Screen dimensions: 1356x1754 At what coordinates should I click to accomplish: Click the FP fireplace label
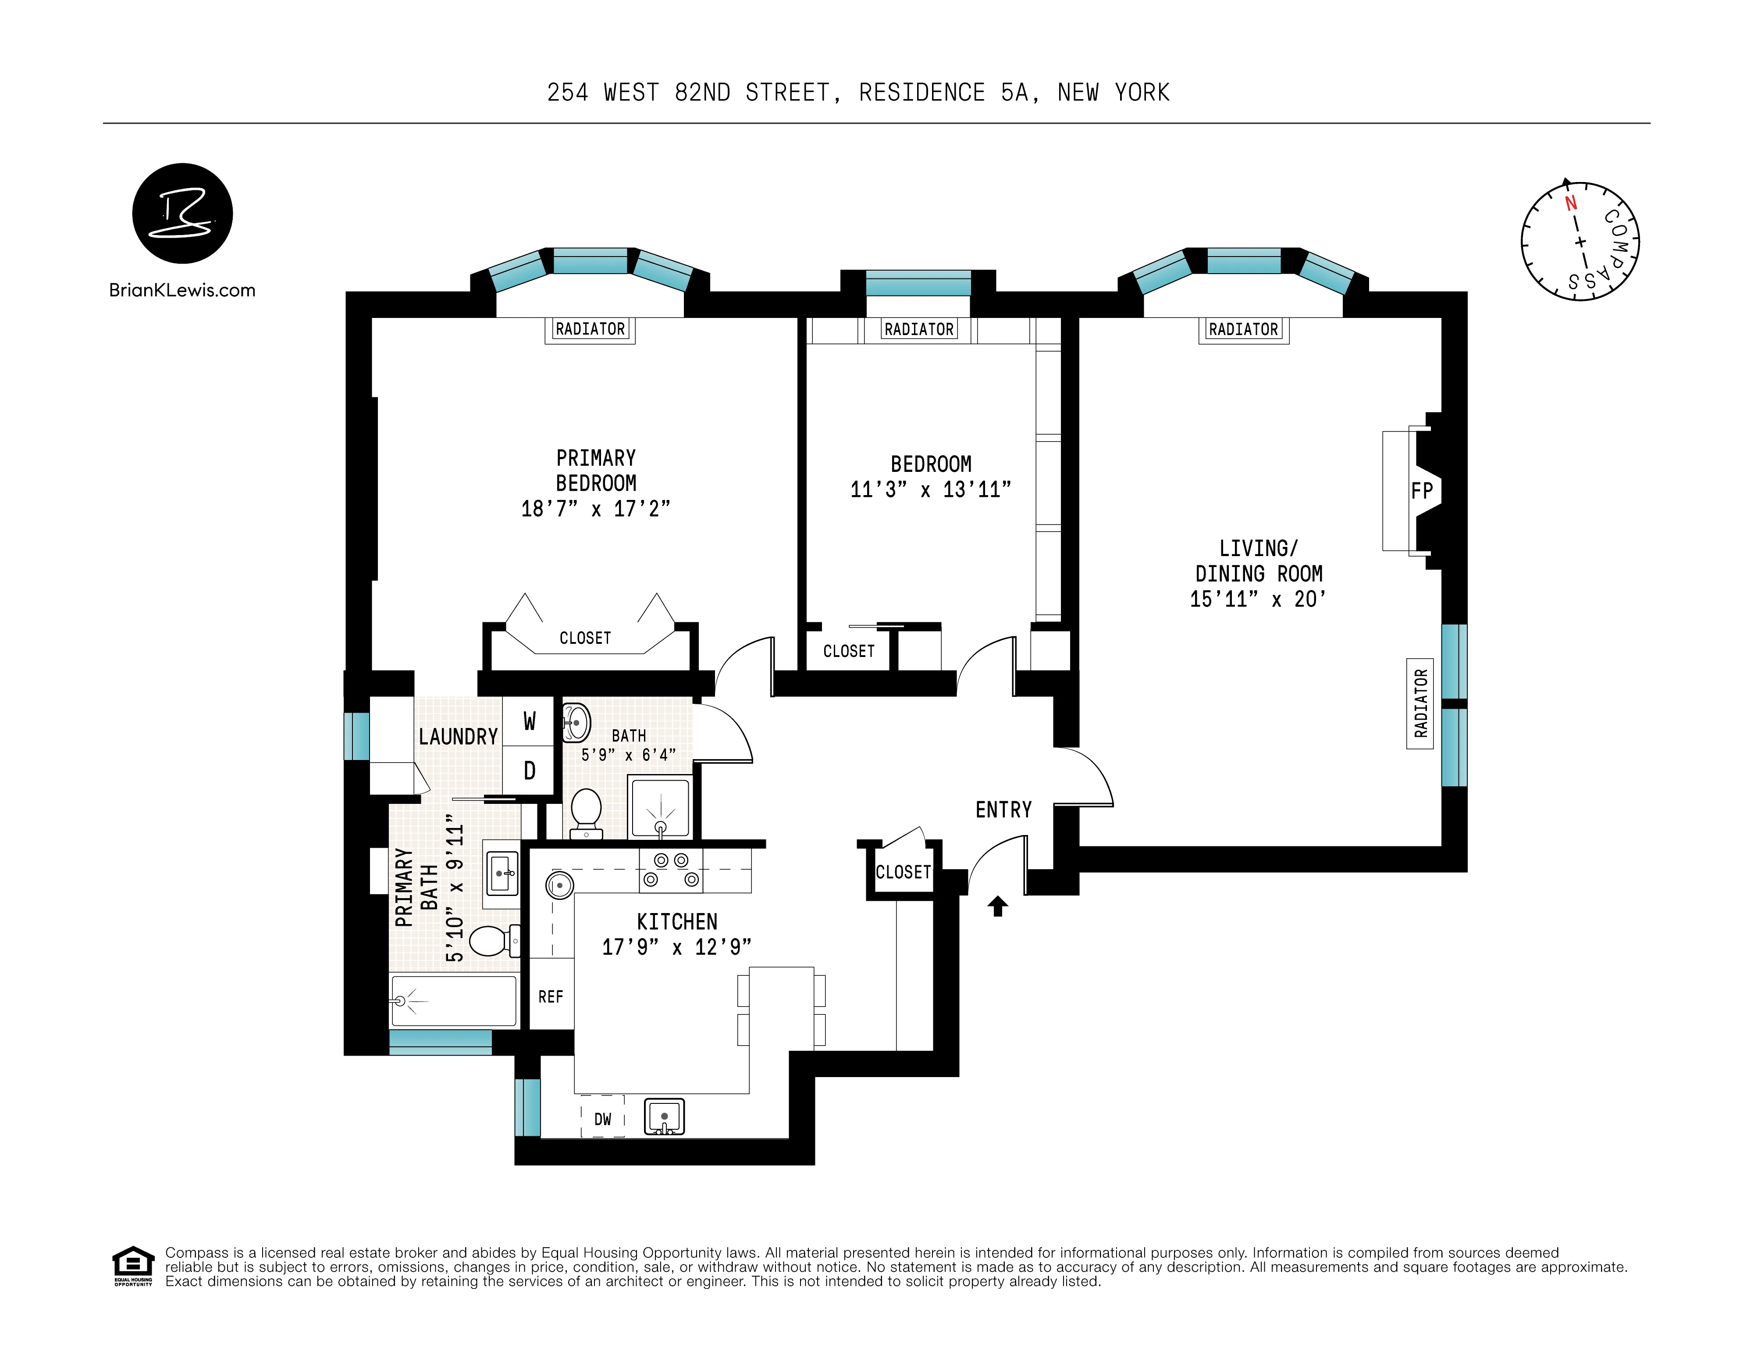tap(1422, 491)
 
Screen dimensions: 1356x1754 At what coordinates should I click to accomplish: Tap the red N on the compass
tap(1571, 203)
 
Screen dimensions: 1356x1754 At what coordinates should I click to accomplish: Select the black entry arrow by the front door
tap(997, 906)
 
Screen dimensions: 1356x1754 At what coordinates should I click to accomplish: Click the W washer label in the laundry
tap(529, 721)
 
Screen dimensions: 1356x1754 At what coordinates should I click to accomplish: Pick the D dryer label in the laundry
tap(529, 771)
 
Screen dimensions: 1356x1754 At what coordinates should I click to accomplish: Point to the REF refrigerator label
tap(551, 997)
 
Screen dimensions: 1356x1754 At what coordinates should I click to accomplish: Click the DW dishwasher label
tap(602, 1119)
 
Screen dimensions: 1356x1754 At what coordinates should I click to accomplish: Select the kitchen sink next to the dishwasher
tap(664, 1117)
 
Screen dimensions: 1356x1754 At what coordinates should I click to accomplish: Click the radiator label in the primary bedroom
tap(590, 329)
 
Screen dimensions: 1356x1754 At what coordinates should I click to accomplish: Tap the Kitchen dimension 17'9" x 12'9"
tap(676, 948)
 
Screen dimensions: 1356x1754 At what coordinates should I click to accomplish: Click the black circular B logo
tap(182, 214)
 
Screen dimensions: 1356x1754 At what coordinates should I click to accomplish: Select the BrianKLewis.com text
tap(182, 291)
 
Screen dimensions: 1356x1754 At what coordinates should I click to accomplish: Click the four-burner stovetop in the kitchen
tap(671, 870)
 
